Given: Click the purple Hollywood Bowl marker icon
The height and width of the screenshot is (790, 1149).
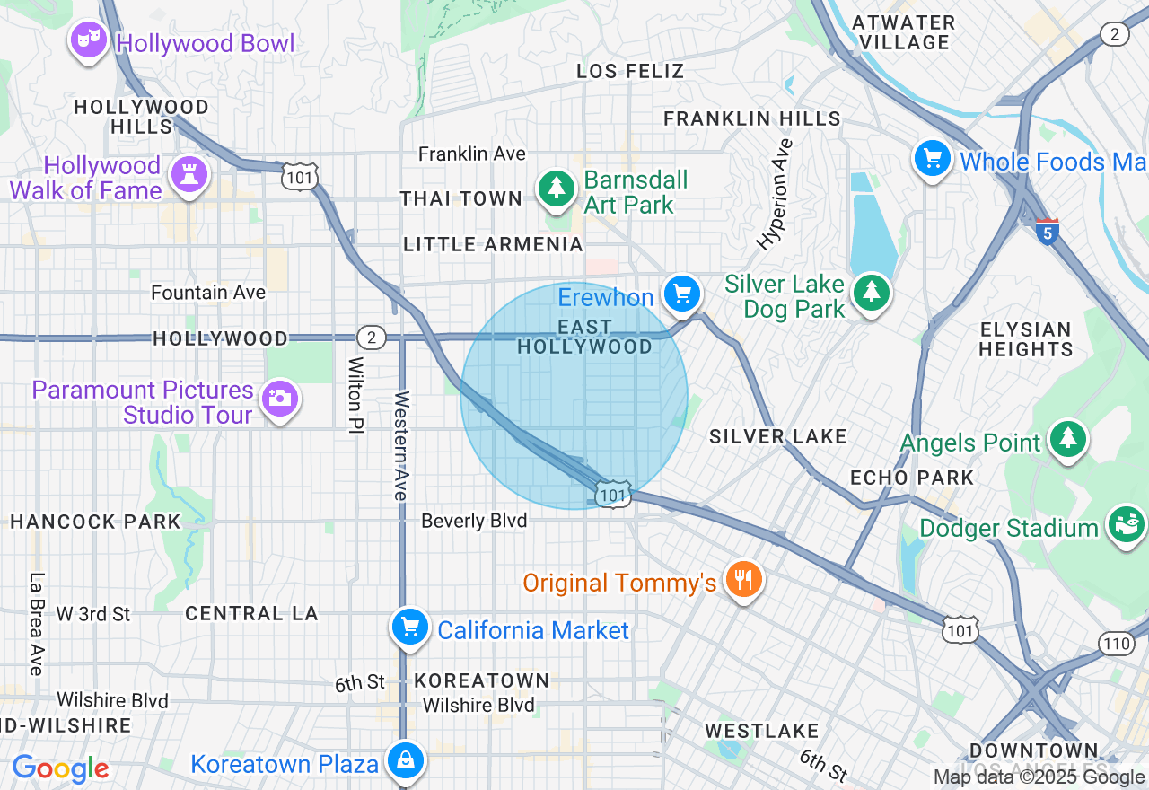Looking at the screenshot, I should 88,40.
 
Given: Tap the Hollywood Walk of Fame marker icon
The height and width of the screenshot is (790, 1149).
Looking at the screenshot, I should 189,174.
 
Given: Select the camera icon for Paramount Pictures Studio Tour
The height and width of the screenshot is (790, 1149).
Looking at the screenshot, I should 279,398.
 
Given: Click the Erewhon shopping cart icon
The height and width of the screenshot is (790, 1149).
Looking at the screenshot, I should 682,294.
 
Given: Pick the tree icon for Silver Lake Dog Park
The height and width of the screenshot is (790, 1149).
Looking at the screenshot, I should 870,293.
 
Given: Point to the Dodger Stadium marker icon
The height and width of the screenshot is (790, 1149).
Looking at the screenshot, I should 1127,523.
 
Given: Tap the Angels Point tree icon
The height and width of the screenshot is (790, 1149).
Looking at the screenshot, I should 1067,438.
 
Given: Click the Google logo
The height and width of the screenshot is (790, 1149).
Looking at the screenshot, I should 60,768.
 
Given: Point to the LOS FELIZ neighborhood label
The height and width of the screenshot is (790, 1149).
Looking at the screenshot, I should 630,71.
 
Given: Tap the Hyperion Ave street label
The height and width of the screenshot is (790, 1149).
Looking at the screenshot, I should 775,193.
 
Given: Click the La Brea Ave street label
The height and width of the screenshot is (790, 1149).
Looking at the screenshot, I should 36,624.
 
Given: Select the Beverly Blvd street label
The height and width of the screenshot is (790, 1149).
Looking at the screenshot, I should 474,521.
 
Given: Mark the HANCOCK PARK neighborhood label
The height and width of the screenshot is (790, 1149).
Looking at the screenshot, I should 95,522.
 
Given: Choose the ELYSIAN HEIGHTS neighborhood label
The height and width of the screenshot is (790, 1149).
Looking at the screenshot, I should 1025,339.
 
